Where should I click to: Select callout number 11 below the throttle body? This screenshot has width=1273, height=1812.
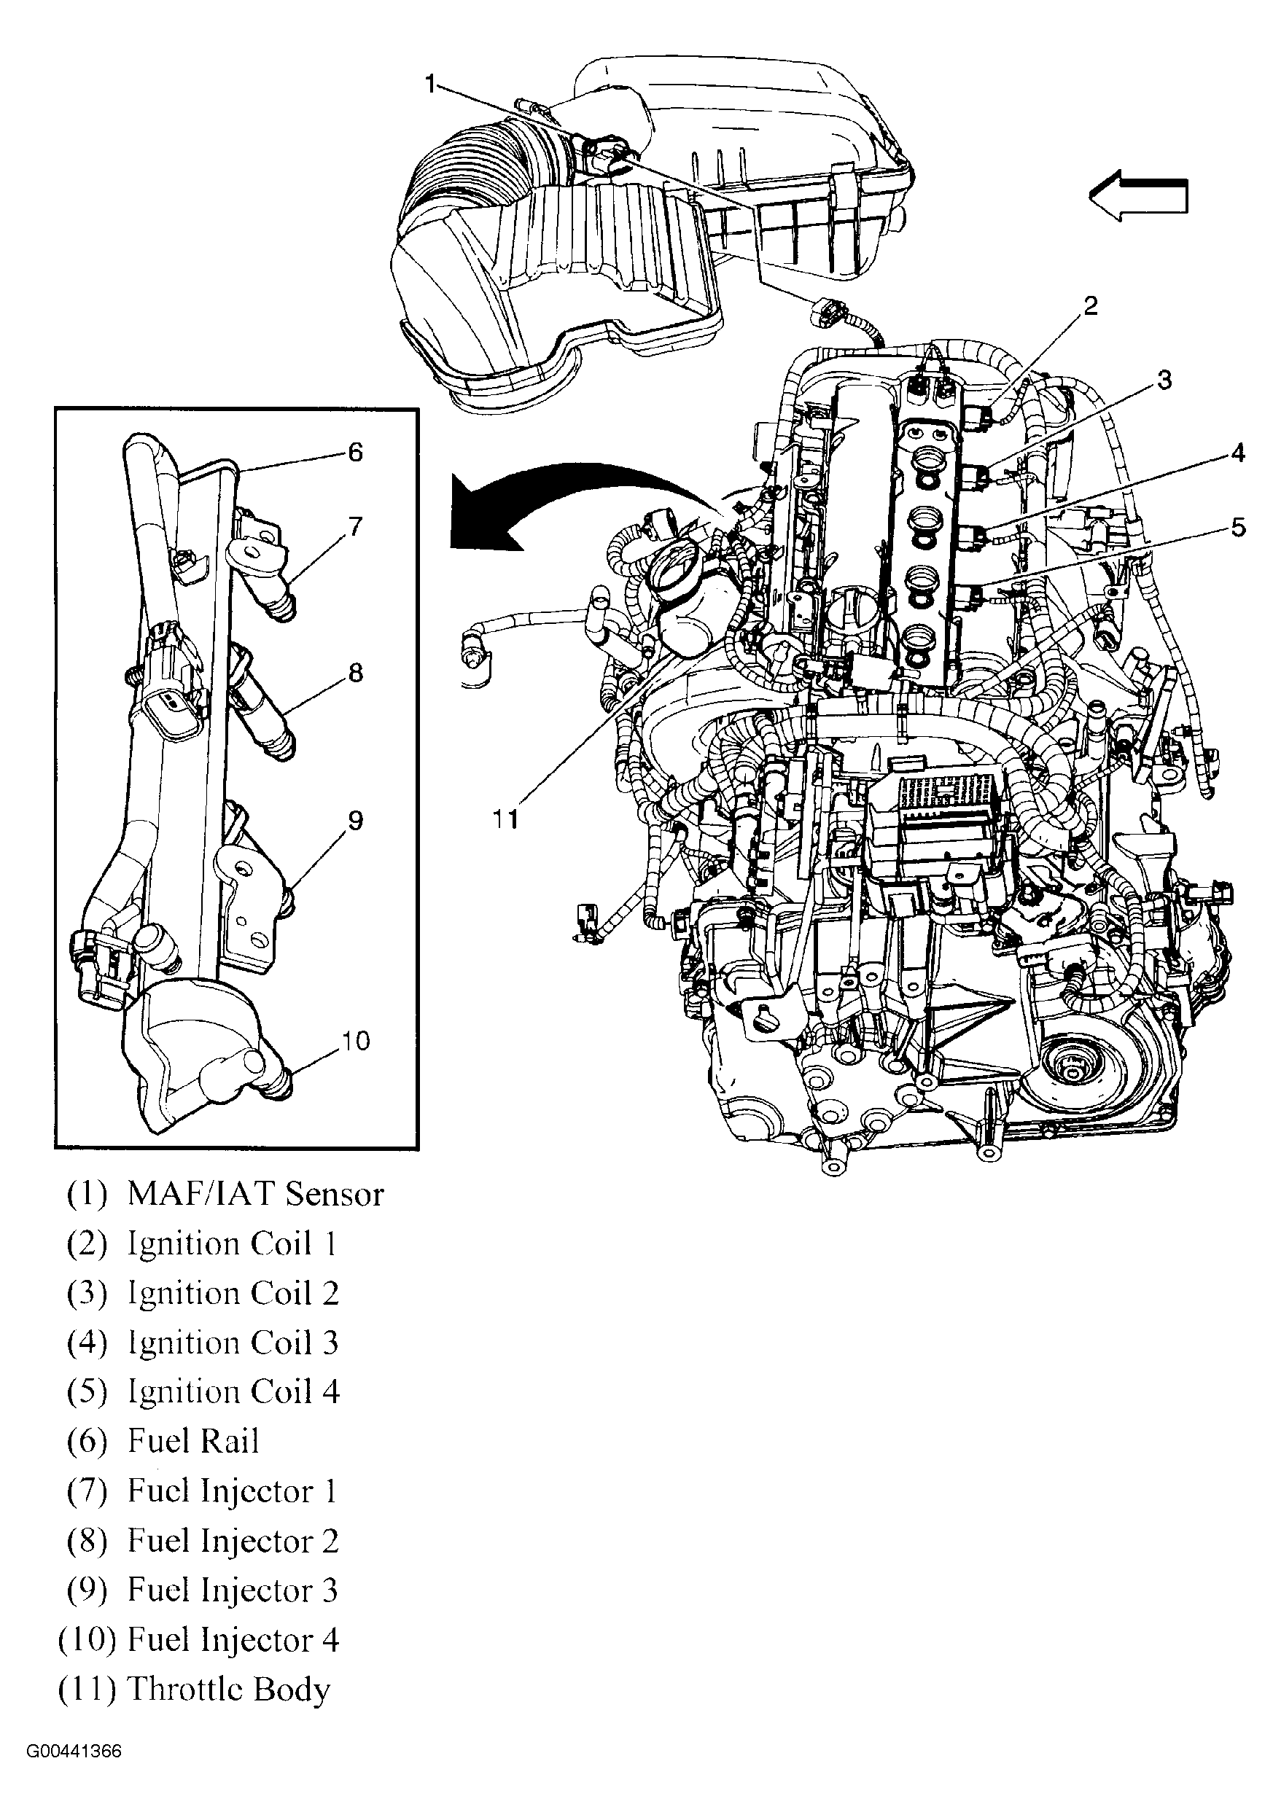click(x=505, y=819)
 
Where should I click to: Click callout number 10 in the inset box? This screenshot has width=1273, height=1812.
click(x=355, y=1041)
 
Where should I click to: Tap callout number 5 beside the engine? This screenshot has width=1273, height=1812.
click(x=1237, y=527)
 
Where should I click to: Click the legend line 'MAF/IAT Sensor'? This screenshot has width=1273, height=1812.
click(x=225, y=1193)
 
